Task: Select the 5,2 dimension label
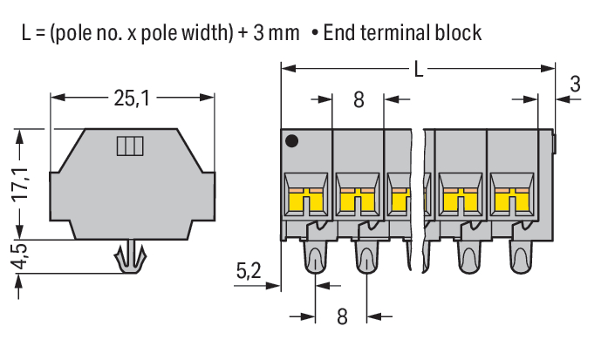[249, 272]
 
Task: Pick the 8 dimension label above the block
[359, 99]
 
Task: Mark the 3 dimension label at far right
[575, 85]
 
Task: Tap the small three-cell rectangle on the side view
[128, 146]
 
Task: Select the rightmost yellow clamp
[511, 200]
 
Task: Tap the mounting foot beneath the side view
[132, 259]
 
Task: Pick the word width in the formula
[198, 33]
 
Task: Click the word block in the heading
[460, 33]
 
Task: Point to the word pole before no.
[78, 33]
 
